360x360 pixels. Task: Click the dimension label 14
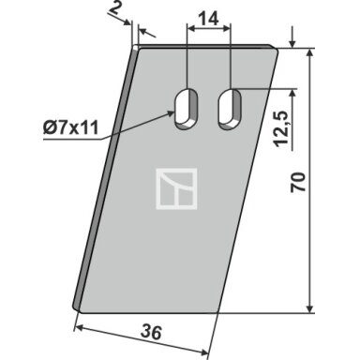click(208, 20)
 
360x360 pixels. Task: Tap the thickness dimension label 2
click(115, 8)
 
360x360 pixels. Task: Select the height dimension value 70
click(298, 182)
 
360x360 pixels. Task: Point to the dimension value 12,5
click(281, 128)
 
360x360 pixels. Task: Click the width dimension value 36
click(151, 332)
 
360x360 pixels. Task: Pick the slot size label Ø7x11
click(70, 127)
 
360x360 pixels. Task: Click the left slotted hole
click(187, 109)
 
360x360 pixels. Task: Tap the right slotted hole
click(231, 109)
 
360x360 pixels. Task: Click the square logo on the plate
click(176, 188)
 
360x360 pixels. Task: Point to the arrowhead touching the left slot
click(171, 113)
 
